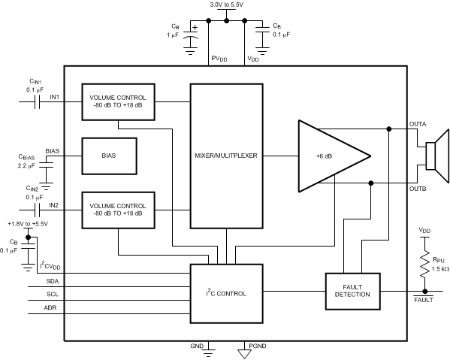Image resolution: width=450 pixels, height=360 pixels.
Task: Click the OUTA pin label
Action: (418, 123)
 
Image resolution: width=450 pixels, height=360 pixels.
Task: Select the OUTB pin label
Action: (418, 189)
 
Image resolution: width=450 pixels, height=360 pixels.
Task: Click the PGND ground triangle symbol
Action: (243, 348)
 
